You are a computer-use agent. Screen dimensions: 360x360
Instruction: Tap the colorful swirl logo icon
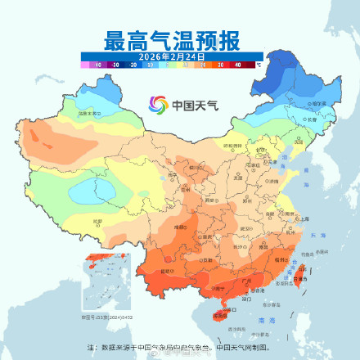(x=158, y=105)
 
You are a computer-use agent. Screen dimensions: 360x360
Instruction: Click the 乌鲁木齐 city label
(x=88, y=114)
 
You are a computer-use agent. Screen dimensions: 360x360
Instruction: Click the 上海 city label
(x=304, y=218)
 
